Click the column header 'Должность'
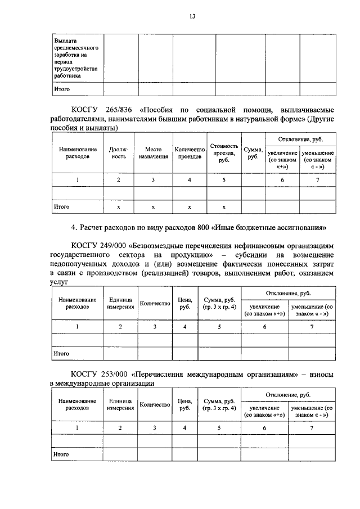point(119,153)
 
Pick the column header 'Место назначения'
point(153,153)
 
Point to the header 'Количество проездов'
point(190,153)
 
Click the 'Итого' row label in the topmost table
point(61,89)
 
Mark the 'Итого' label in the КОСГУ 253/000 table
point(61,453)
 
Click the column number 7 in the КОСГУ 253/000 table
point(312,427)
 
